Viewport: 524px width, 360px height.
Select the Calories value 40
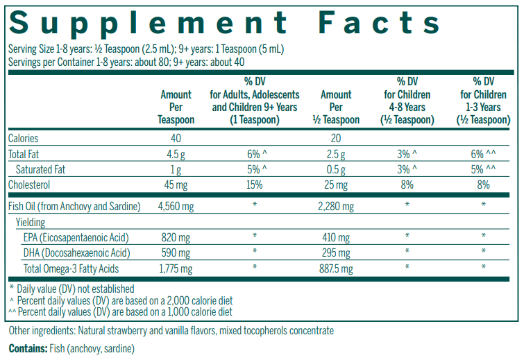pos(176,138)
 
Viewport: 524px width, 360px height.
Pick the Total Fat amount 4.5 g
pos(176,153)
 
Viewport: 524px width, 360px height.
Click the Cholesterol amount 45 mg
pos(176,185)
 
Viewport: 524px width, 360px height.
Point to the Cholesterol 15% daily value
pos(255,185)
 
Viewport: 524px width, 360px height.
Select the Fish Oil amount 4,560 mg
pos(176,206)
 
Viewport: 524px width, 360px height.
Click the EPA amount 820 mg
pos(176,237)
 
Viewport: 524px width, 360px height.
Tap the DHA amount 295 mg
pos(336,252)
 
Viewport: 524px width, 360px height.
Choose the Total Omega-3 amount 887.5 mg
pos(336,268)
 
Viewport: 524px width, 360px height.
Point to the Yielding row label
pos(31,222)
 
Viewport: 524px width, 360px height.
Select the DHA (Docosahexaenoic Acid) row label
pos(76,252)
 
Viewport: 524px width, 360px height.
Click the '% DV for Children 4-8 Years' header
pos(407,101)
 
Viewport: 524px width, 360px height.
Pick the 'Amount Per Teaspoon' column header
pos(176,107)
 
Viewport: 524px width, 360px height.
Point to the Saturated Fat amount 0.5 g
pos(336,169)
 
